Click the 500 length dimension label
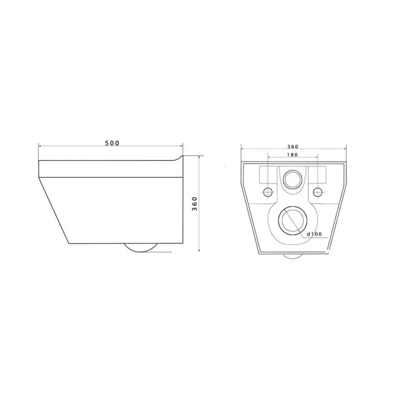click(x=112, y=143)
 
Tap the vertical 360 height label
click(x=195, y=203)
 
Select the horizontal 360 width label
click(x=293, y=147)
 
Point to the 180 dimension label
click(x=292, y=155)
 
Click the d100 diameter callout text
click(x=314, y=234)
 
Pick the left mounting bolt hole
click(x=268, y=192)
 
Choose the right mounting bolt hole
click(x=317, y=192)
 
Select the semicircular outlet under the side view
click(x=140, y=252)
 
